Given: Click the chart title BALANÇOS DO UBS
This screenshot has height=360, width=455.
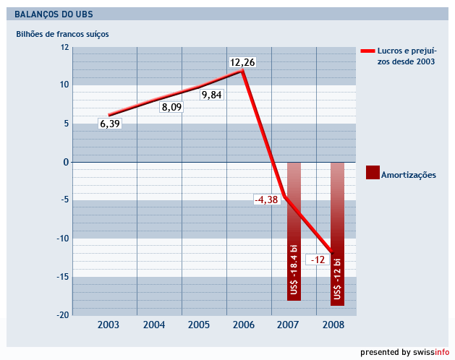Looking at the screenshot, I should click(x=54, y=14).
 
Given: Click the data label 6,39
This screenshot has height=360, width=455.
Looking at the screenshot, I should click(x=110, y=124).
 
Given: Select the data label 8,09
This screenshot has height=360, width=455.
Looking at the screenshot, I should click(x=171, y=107).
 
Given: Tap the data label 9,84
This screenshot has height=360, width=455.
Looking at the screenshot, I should click(x=212, y=95).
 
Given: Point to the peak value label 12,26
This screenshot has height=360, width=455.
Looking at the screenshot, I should click(x=242, y=63).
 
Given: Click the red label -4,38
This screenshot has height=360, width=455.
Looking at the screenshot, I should click(x=266, y=200).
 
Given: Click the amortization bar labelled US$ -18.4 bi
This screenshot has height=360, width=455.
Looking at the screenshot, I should click(x=294, y=231).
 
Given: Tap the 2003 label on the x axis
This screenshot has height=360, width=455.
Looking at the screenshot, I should click(x=109, y=325).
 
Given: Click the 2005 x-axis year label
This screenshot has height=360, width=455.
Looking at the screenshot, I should click(x=199, y=325).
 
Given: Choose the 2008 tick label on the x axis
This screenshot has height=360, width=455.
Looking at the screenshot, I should click(x=333, y=325).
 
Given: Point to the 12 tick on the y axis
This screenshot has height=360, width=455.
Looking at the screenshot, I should click(x=64, y=48).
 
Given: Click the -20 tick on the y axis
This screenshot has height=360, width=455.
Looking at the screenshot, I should click(x=63, y=314).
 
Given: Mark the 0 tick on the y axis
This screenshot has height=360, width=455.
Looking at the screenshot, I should click(x=66, y=162).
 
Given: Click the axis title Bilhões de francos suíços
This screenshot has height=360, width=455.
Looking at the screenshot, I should click(x=62, y=34).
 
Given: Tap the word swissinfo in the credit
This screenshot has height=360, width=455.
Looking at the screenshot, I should click(x=431, y=352).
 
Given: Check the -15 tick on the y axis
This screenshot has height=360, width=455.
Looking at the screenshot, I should click(x=63, y=276).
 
